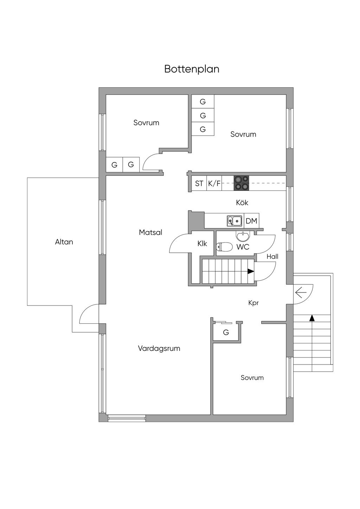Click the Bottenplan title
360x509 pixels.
192,69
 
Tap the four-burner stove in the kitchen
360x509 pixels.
241,183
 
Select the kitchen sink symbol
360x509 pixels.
234,221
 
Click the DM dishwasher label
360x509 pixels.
251,221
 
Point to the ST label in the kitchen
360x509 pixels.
199,183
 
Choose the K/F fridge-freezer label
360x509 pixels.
214,183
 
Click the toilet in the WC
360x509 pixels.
224,247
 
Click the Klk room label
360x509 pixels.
202,243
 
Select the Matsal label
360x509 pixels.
150,232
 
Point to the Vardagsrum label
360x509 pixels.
159,348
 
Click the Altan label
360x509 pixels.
64,242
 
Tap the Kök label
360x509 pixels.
242,202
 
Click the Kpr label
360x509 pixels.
253,303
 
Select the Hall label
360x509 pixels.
272,257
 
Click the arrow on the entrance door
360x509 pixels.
301,292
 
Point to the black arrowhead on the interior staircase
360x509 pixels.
251,271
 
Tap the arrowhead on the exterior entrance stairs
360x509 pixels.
312,318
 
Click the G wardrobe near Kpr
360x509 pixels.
226,332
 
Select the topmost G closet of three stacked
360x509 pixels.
203,102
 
